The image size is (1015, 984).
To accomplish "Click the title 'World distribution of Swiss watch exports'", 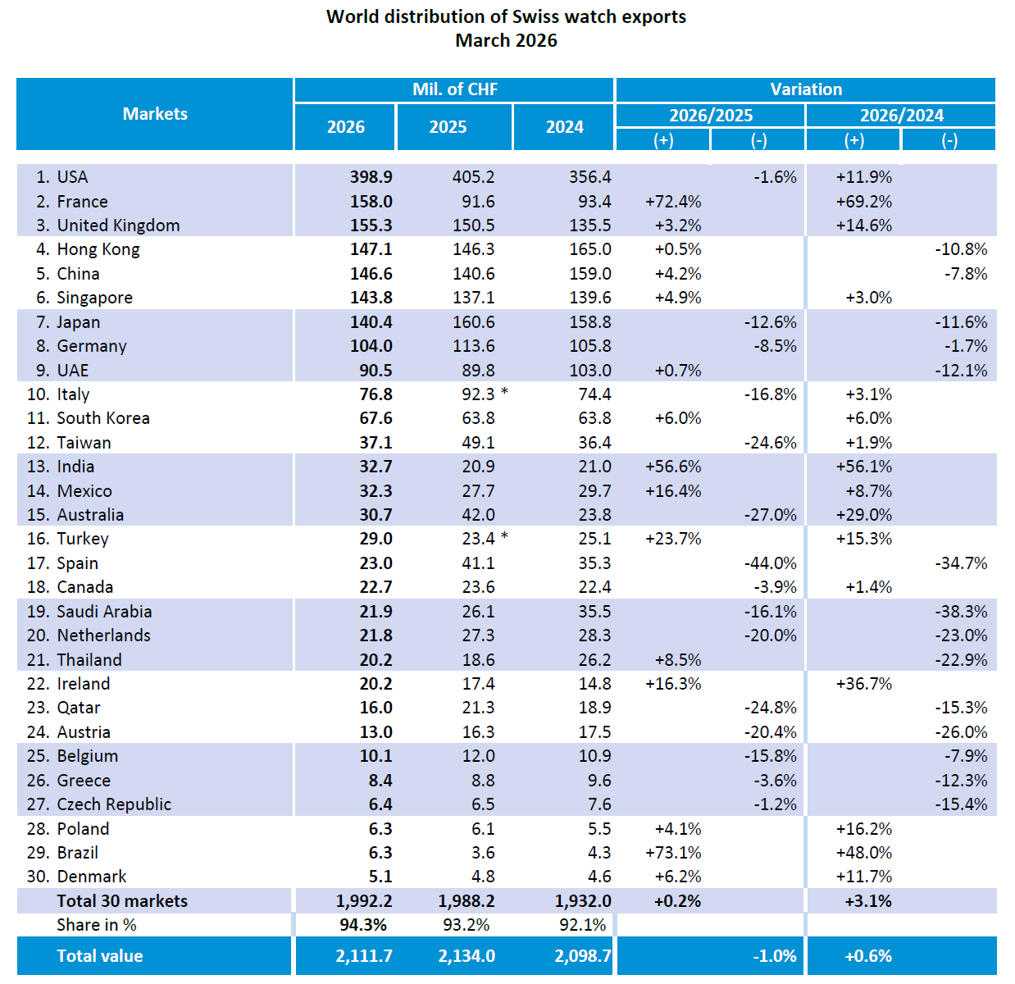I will pos(506,16).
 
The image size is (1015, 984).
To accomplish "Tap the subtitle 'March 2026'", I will pos(506,40).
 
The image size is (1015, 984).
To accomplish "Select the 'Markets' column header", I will pos(155,114).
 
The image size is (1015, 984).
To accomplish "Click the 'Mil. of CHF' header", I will pos(454,89).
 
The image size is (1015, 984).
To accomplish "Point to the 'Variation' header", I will pos(805,89).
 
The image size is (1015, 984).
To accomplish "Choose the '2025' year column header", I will pos(448,127).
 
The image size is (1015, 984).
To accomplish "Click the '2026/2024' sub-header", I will pos(901,116).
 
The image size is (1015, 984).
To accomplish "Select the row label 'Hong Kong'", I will pos(98,249).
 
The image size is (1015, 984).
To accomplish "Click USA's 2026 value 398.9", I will pos(371,177).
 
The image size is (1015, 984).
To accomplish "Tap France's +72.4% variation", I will pos(673,202).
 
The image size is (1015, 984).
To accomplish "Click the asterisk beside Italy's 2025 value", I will pos(505,393).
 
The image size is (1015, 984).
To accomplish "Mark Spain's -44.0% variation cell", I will pos(770,563).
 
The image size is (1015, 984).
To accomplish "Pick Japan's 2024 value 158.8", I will pos(589,322).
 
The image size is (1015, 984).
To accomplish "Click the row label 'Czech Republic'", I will pos(114,804).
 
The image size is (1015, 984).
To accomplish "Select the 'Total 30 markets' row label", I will pos(122,901).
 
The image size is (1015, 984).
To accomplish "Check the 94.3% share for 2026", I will pos(363,925).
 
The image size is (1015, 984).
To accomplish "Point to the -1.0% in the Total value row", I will pos(774,956).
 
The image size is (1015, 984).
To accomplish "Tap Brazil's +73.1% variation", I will pos(673,853).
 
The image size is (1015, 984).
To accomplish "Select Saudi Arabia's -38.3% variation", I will pos(961,612).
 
